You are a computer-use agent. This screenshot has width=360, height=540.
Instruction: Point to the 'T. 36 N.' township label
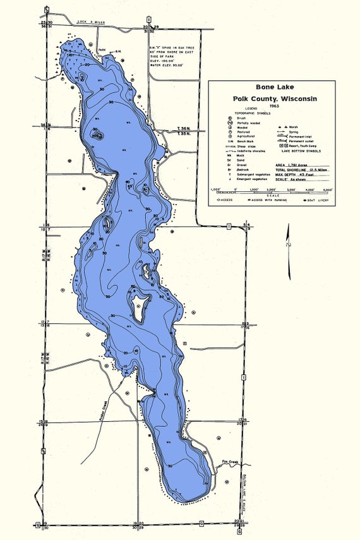(x=184, y=129)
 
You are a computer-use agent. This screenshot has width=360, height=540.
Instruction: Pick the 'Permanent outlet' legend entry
(x=300, y=141)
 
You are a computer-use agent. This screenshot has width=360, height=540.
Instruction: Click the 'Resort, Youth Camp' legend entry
(x=302, y=146)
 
